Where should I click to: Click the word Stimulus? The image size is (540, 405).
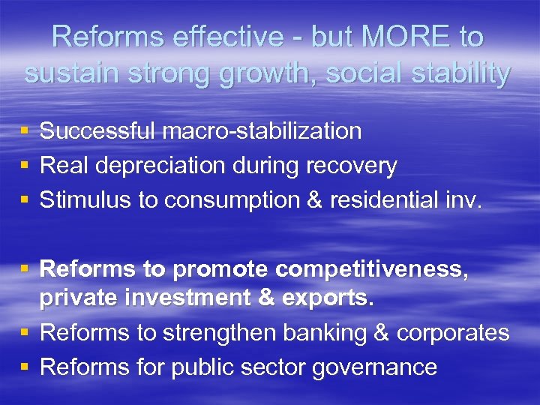(x=84, y=200)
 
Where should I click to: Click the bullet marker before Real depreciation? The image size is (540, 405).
(x=25, y=166)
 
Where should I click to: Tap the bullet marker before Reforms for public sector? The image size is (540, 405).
(x=25, y=367)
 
